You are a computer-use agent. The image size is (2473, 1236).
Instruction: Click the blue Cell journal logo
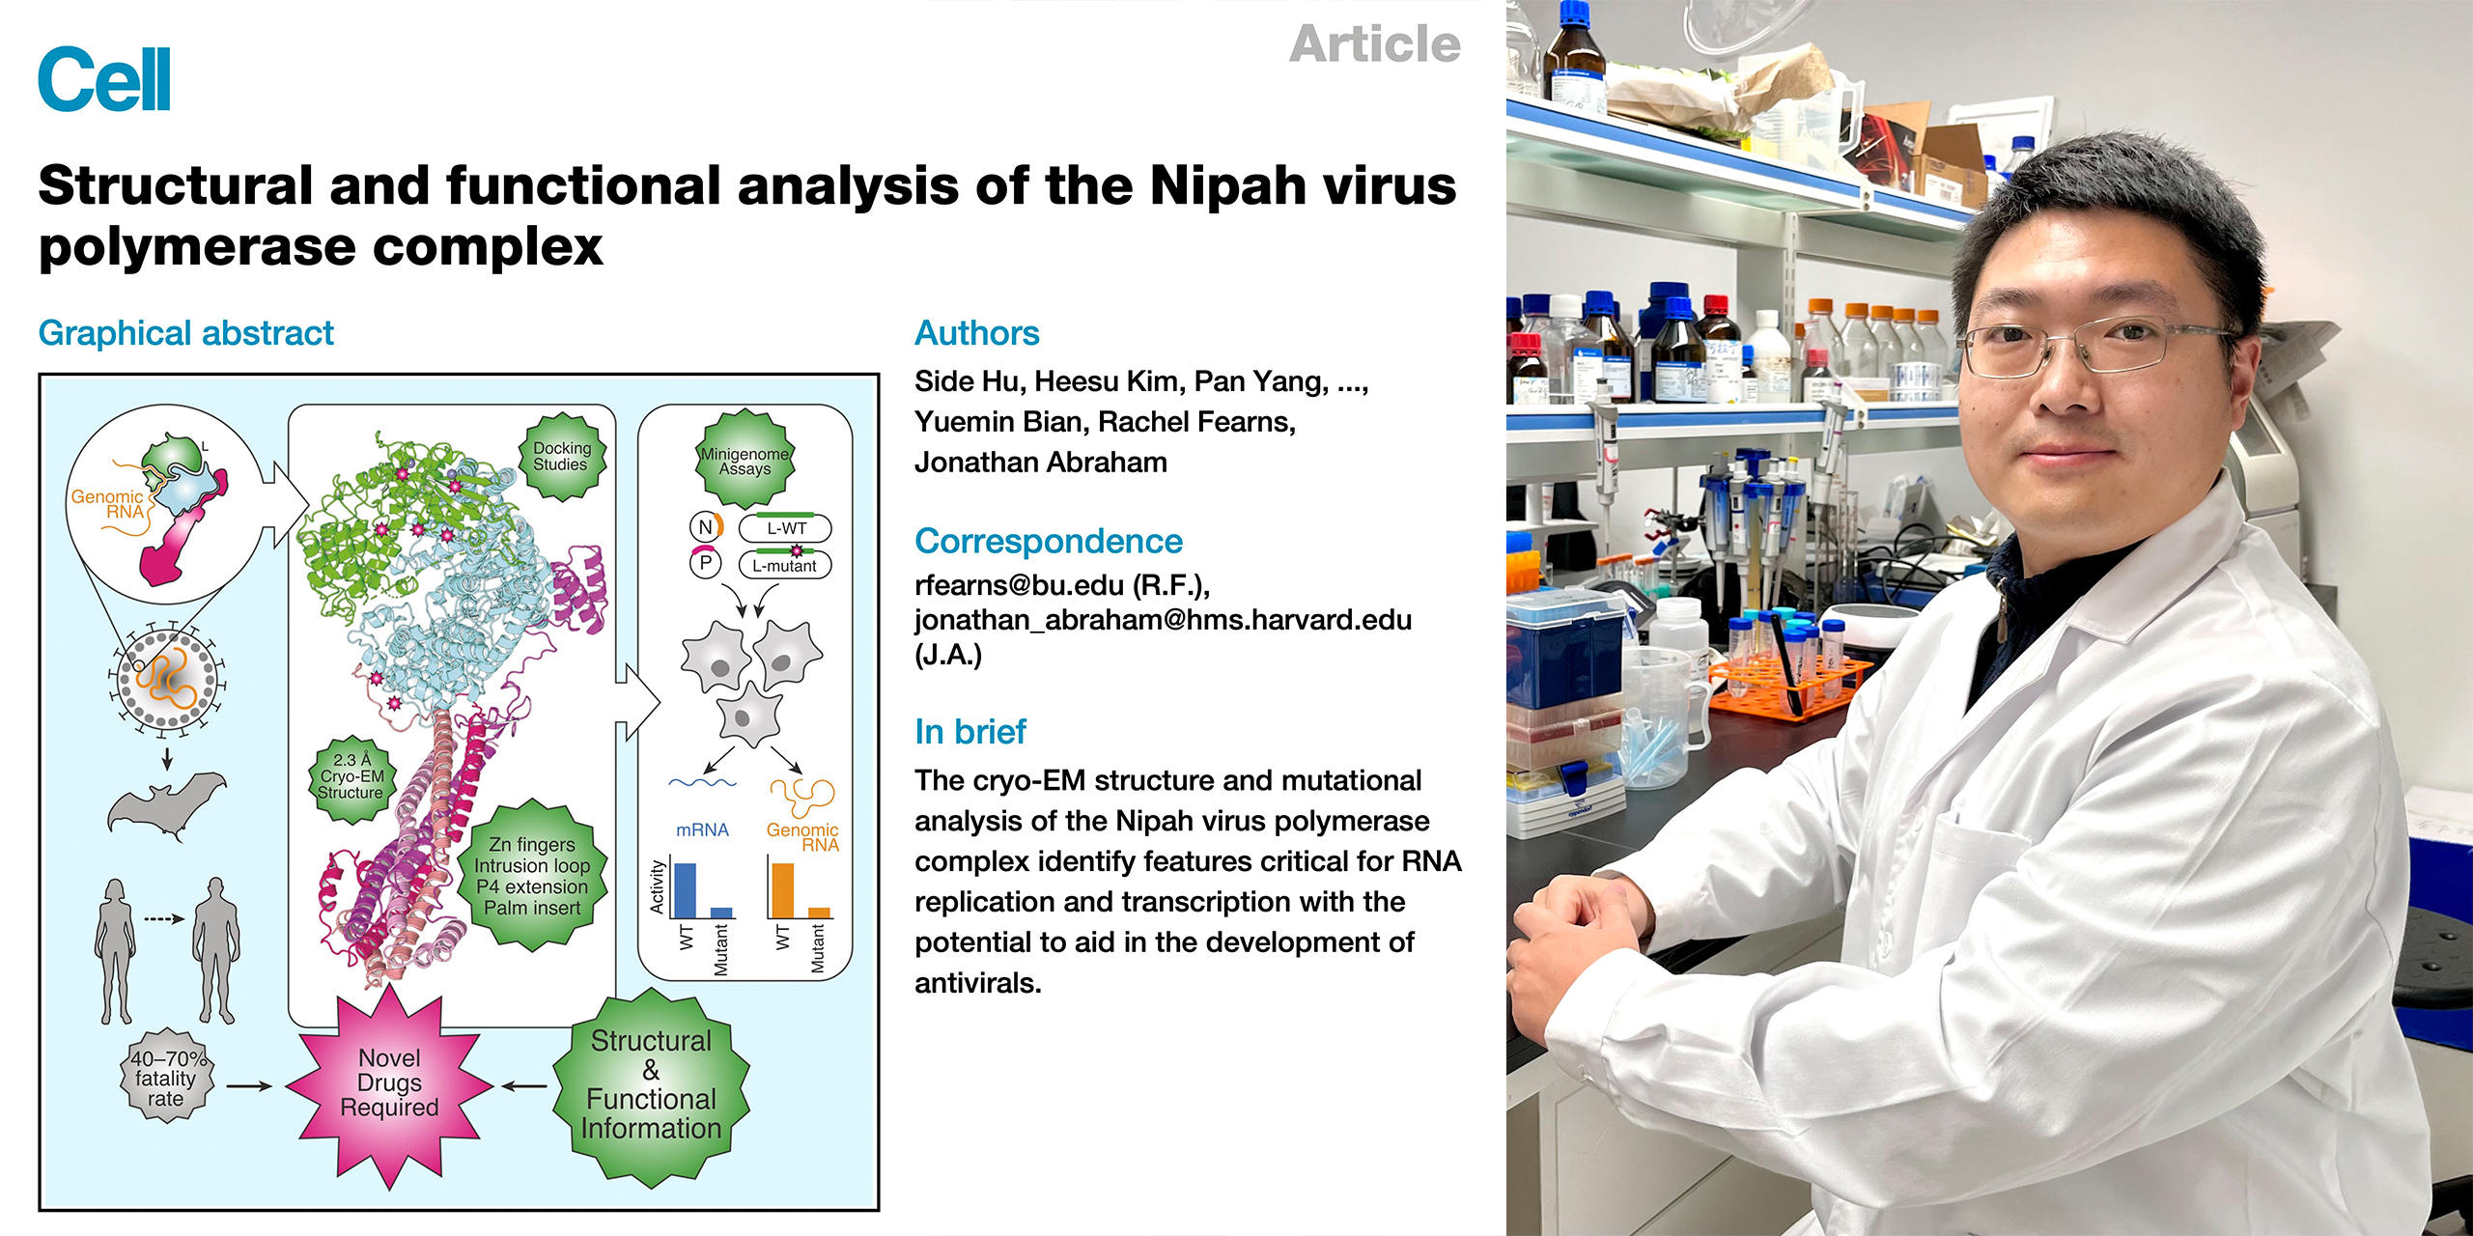point(104,79)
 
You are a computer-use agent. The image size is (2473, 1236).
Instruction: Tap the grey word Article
point(1374,44)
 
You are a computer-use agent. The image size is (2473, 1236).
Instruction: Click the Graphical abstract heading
point(185,333)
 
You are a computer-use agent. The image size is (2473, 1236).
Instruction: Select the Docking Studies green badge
point(561,457)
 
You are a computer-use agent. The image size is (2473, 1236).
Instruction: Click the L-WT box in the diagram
point(785,528)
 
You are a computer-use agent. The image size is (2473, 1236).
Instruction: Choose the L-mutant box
point(785,565)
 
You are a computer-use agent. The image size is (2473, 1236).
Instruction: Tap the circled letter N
point(705,527)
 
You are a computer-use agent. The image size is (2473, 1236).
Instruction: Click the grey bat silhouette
point(166,802)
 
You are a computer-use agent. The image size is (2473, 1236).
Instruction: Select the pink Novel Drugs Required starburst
point(389,1083)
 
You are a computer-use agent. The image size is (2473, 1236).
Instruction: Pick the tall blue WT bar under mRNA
point(684,890)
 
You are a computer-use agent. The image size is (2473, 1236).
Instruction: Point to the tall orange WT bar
point(782,890)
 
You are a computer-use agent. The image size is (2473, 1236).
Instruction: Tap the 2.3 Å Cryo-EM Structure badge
point(351,776)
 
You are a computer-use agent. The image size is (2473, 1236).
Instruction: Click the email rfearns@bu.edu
point(1019,585)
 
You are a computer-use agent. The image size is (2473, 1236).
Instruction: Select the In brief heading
point(970,732)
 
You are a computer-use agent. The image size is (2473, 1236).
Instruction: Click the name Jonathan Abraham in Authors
point(1041,463)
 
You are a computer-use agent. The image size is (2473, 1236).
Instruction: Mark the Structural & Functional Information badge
point(651,1086)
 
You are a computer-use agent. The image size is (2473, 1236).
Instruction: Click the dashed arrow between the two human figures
point(164,918)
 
